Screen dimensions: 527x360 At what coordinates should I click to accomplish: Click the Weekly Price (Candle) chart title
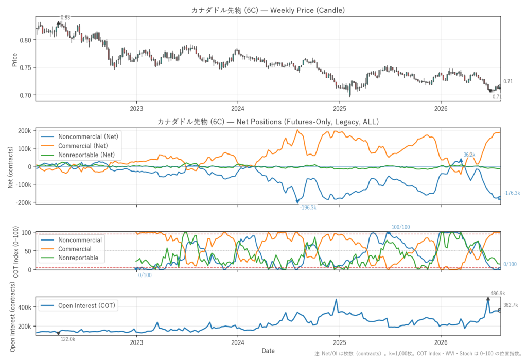[x=268, y=10]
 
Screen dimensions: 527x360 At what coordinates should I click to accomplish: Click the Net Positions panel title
[x=268, y=122]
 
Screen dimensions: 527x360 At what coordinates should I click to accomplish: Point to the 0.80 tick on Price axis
[x=26, y=40]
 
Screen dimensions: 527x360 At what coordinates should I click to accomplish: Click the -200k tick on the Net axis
[x=24, y=202]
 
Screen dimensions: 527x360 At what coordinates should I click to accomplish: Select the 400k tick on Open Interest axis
[x=25, y=307]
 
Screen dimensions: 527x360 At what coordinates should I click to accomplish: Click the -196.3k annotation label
[x=308, y=208]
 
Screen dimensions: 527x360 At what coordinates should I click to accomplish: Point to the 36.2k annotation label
[x=469, y=155]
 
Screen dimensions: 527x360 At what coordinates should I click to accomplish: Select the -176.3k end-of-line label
[x=512, y=193]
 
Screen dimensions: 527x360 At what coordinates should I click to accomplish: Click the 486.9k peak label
[x=498, y=293]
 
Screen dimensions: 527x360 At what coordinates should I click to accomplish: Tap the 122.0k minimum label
[x=67, y=339]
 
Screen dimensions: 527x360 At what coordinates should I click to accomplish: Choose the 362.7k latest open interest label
[x=511, y=305]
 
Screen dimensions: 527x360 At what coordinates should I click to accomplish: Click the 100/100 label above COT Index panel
[x=400, y=227]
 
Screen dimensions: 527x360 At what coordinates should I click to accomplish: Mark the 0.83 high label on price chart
[x=65, y=17]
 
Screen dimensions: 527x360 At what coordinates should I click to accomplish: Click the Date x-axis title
[x=268, y=351]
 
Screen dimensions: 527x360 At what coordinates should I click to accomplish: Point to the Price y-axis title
[x=14, y=60]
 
